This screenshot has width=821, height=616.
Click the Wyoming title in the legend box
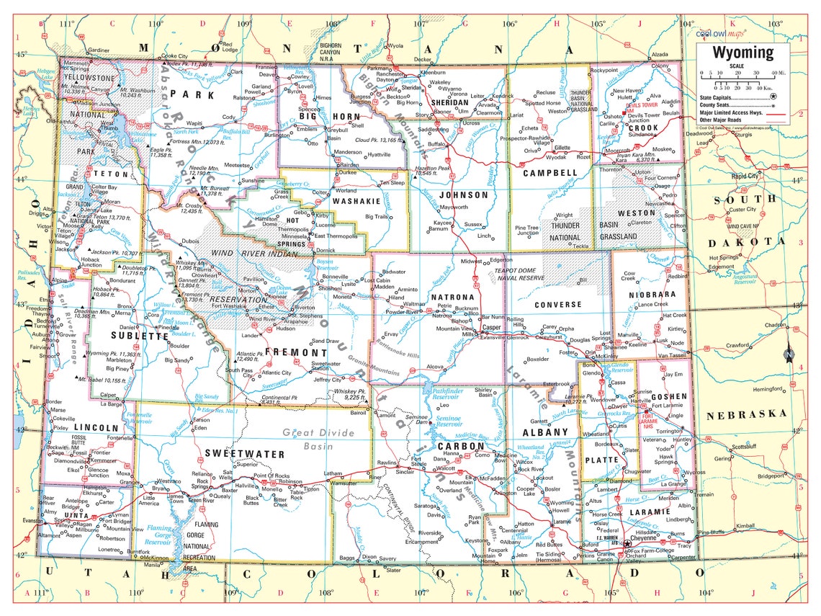pos(743,53)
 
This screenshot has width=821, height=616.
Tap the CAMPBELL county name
pos(550,173)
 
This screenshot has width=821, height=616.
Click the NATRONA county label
pos(452,297)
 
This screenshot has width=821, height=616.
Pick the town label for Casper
pos(491,326)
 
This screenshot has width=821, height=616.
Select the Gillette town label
pos(562,148)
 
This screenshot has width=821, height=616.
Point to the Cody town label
pos(230,117)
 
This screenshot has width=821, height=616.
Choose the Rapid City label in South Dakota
pos(744,176)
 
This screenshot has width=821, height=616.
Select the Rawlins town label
pos(387,463)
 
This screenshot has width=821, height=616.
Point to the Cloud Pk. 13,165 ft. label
pos(377,140)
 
